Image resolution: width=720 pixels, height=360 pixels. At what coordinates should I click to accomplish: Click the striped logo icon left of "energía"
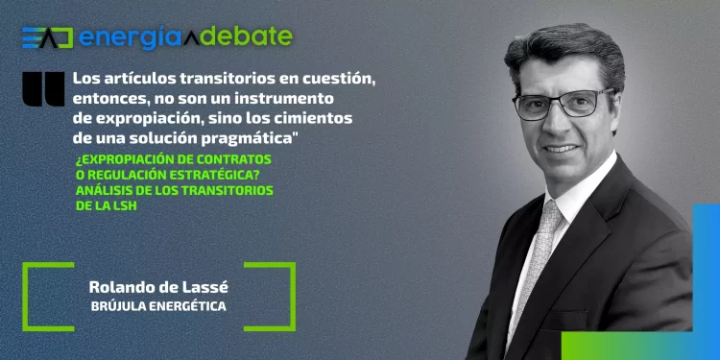click(46, 38)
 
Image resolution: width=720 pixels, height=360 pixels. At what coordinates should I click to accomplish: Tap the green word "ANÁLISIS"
click(105, 190)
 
